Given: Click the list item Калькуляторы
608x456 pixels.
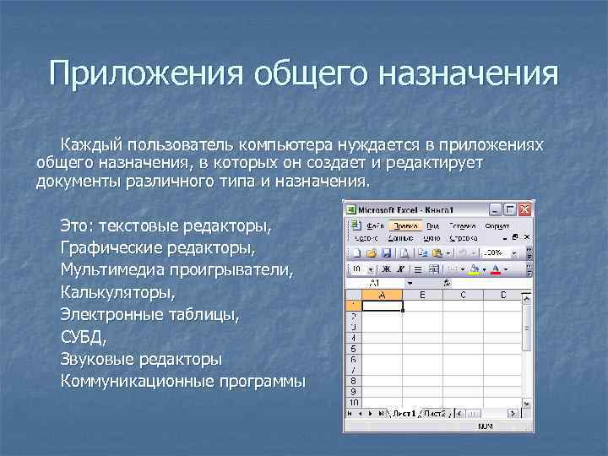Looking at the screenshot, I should pos(117,293).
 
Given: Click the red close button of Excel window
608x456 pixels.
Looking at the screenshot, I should pos(524,209).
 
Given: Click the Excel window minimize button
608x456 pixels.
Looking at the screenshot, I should pos(496,209).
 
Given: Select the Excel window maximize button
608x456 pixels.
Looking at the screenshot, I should pos(510,209).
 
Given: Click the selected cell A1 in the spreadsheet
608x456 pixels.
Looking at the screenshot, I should pos(383,306).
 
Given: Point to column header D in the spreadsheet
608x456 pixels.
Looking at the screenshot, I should pos(503,295).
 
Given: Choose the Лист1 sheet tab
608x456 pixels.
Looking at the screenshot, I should pos(404,413).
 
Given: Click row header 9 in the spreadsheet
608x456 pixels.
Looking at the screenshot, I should pos(353,392).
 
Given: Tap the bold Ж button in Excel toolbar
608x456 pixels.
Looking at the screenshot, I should pos(373,269).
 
